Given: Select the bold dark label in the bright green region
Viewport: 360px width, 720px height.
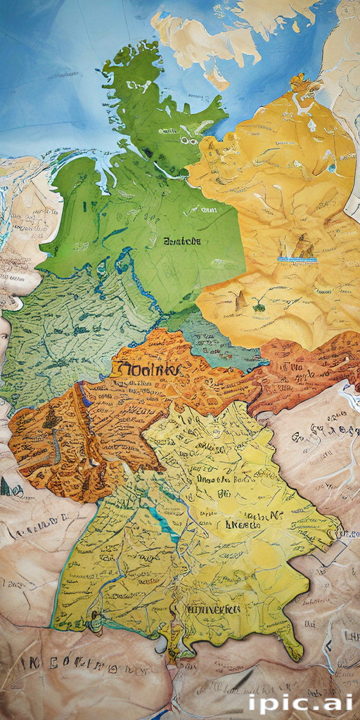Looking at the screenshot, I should pyautogui.click(x=181, y=241).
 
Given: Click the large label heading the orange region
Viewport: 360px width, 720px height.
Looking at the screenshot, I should pyautogui.click(x=146, y=368).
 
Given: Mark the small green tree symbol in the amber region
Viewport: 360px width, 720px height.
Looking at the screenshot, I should pyautogui.click(x=259, y=307).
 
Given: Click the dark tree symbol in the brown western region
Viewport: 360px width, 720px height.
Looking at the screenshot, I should pyautogui.click(x=51, y=420).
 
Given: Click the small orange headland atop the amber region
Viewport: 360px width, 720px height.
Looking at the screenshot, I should pyautogui.click(x=301, y=83).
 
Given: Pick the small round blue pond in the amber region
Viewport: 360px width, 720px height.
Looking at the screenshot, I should pyautogui.click(x=331, y=169).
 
